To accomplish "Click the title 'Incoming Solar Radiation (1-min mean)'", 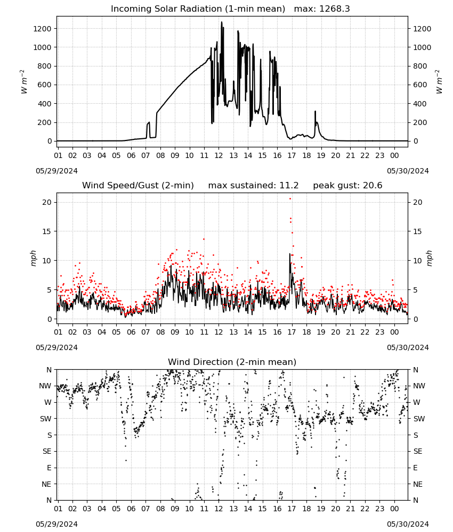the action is [198, 9].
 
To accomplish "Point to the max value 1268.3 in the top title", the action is [334, 9].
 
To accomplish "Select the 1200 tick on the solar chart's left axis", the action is [42, 29].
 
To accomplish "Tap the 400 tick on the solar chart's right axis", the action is [420, 104].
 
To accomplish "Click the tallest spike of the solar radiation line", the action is [222, 22].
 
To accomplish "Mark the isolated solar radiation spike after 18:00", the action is [316, 112].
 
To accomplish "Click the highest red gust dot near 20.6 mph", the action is [290, 199].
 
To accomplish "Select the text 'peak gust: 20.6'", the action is [347, 186].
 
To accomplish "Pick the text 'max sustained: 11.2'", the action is [253, 186].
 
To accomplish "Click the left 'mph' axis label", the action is [33, 258].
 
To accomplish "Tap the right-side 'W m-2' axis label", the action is [439, 82].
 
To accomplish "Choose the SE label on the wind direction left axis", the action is [47, 452].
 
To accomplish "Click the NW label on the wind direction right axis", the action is [418, 386].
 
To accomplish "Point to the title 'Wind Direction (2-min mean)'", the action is [232, 362].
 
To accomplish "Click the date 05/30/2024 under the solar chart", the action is [408, 171].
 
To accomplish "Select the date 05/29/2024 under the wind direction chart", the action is [56, 525].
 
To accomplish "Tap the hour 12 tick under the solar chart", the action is [219, 156].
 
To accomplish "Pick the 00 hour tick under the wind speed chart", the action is [394, 332].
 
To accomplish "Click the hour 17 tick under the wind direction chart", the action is [292, 509].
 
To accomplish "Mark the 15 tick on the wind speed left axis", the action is [47, 231].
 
